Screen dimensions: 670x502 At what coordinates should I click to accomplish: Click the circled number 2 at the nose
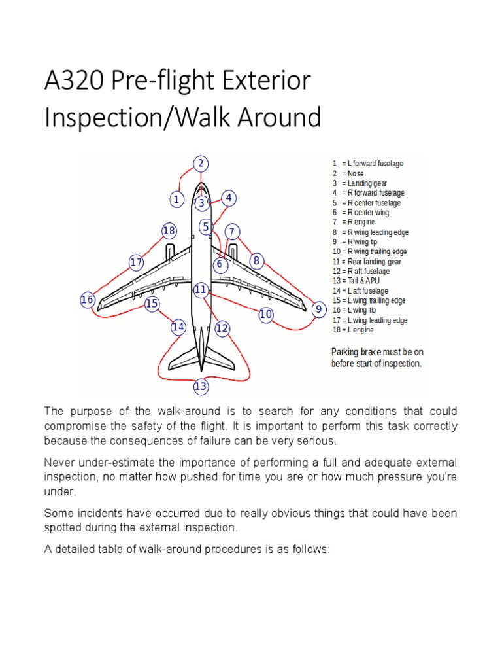point(201,164)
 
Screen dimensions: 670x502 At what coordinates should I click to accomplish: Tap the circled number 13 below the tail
point(201,387)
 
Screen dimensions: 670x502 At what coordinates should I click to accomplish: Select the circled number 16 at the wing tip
point(87,300)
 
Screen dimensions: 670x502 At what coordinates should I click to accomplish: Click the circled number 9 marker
point(318,309)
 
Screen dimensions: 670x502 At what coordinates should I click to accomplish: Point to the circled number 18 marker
point(169,230)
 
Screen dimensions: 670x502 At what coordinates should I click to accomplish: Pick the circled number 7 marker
point(232,232)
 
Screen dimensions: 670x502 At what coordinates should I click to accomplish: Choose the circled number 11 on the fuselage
point(201,289)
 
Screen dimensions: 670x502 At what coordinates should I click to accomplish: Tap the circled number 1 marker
point(176,199)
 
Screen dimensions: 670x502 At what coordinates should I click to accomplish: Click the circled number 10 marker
point(265,315)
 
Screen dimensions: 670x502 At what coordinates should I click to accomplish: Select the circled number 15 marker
point(152,304)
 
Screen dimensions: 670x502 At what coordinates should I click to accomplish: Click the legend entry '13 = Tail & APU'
point(356,281)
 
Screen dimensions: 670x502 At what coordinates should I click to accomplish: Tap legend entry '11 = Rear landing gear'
point(367,261)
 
